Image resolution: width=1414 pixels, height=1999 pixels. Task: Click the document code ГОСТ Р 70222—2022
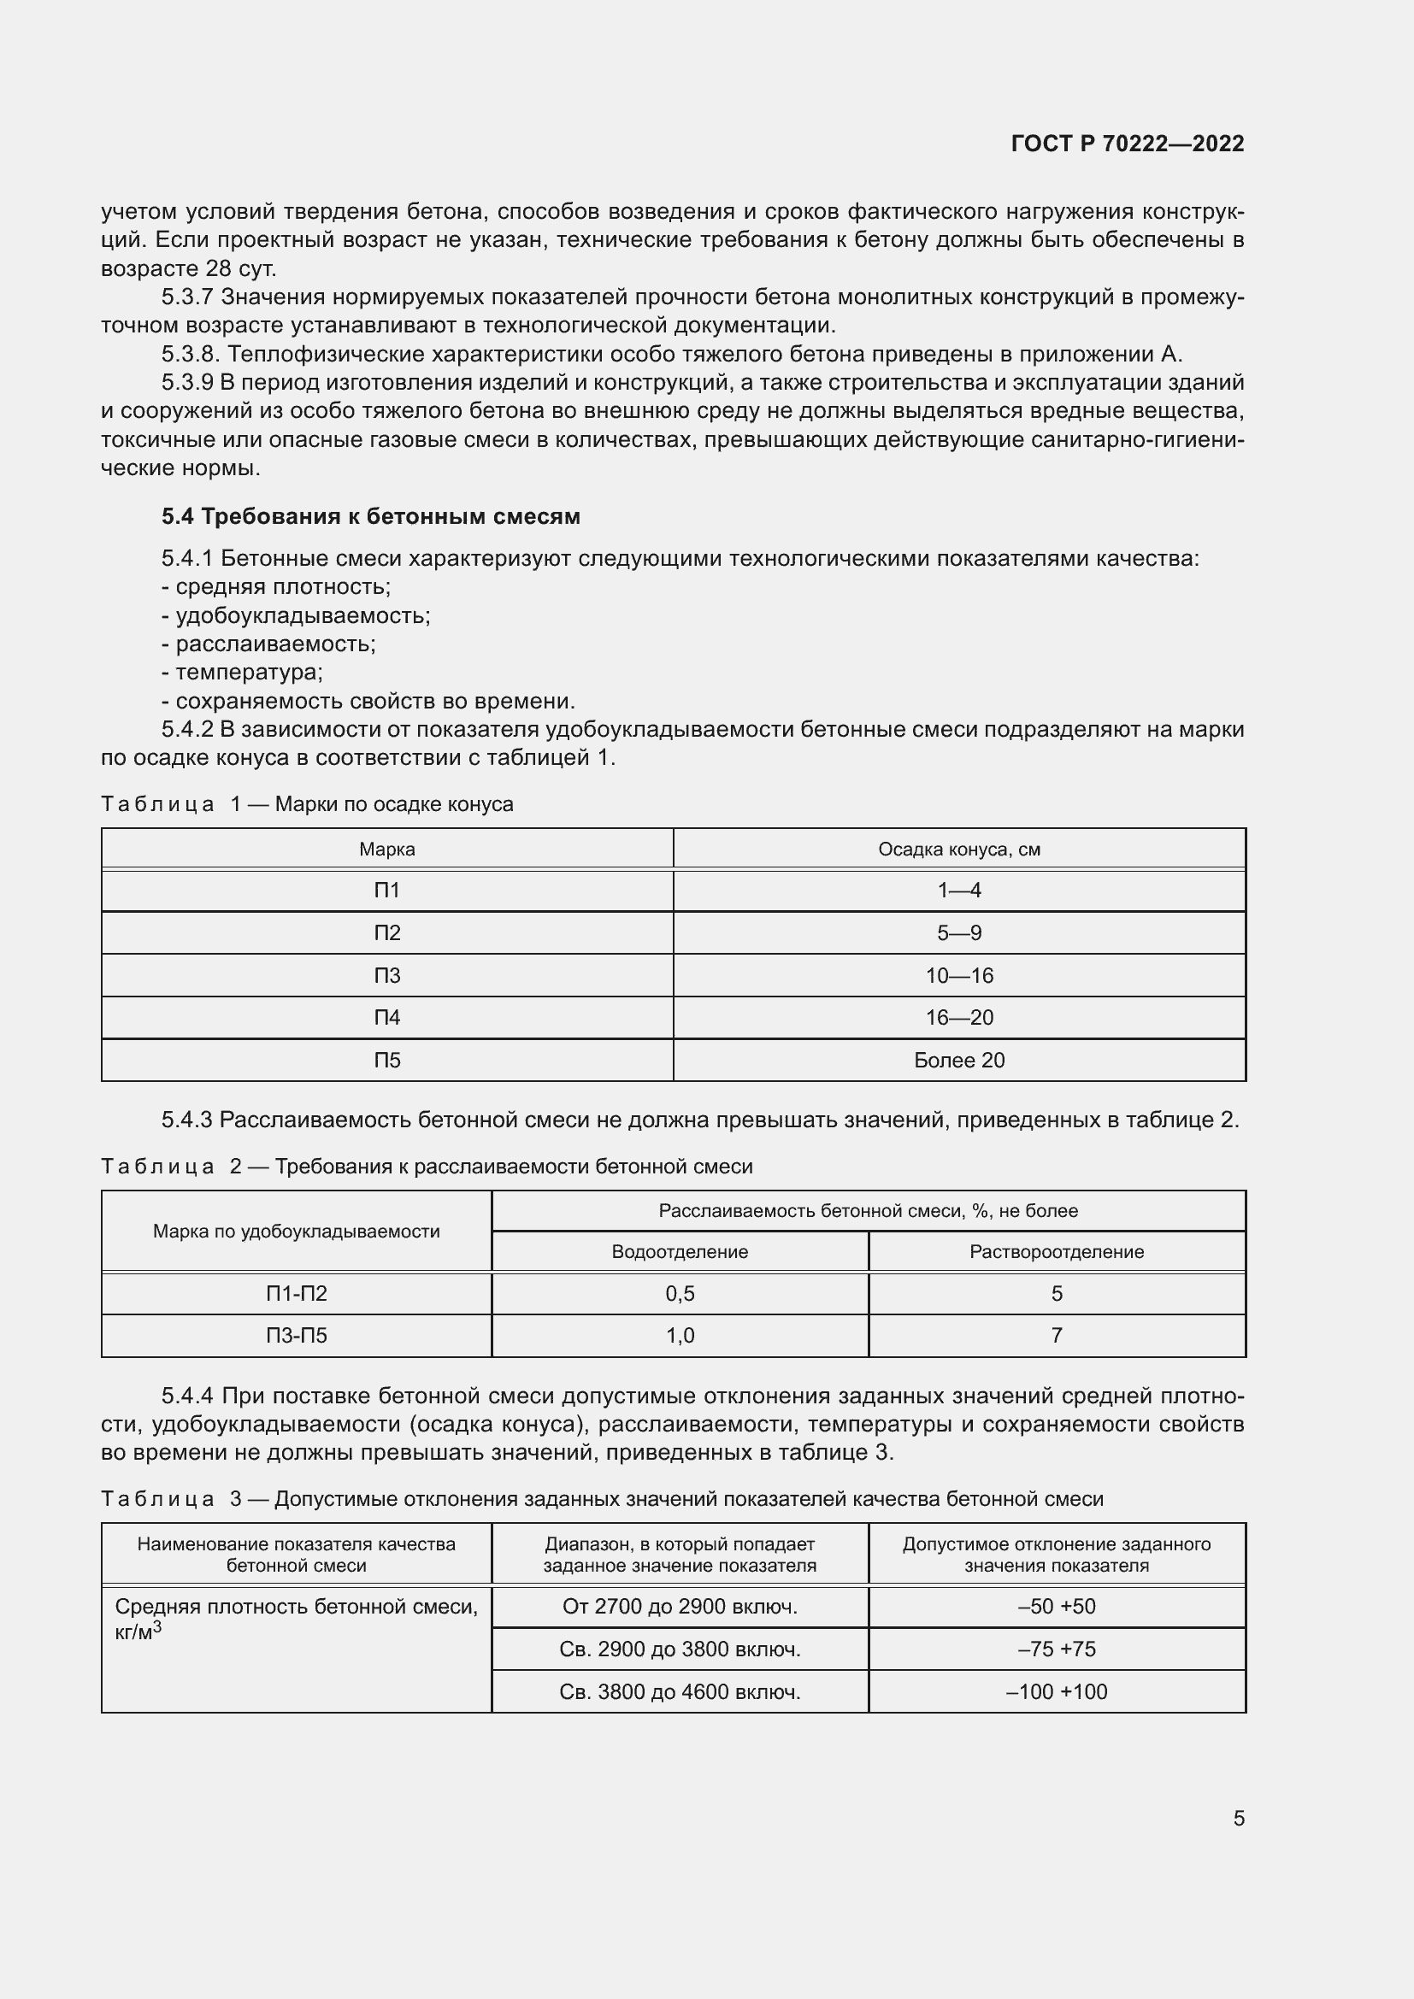(1127, 144)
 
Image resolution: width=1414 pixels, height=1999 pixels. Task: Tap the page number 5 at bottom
(1238, 1818)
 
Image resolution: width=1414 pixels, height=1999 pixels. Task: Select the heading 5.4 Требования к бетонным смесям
(370, 516)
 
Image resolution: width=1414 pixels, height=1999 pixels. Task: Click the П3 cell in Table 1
(386, 975)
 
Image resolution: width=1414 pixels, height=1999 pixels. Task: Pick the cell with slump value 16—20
(958, 1018)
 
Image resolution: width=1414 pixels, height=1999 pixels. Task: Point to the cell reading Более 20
(958, 1061)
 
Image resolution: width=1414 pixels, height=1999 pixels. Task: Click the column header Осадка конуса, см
(958, 849)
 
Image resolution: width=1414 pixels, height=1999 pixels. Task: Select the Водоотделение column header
(679, 1252)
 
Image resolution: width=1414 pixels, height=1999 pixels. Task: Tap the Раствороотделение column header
(1056, 1252)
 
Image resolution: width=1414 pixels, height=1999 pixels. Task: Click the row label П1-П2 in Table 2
(296, 1294)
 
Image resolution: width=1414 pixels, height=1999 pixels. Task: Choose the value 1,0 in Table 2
(679, 1336)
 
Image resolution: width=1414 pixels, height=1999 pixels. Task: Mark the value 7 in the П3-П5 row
(1056, 1336)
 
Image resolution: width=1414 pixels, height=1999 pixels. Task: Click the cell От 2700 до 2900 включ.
(679, 1607)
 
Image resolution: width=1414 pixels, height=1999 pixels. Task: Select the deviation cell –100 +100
(1056, 1691)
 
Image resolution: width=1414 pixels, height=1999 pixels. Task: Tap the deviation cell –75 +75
(1056, 1649)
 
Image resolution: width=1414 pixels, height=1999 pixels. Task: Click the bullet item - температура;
(242, 672)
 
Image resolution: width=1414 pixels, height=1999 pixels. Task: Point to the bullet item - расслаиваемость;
(268, 644)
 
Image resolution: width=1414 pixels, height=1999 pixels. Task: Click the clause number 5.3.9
(187, 383)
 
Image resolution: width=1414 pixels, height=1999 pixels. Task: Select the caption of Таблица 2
(427, 1166)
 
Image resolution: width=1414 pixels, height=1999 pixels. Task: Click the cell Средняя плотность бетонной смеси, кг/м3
(296, 1618)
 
